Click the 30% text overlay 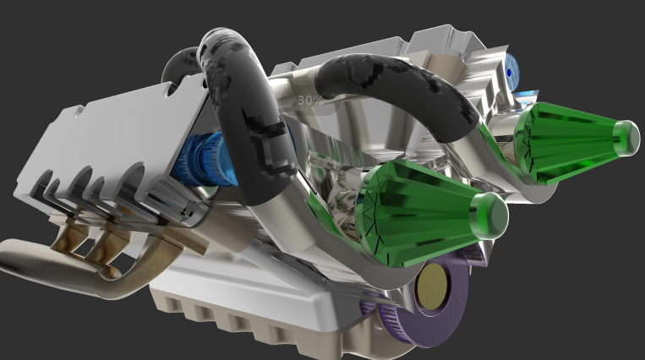point(310,100)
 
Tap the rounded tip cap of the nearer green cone point(491,215)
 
